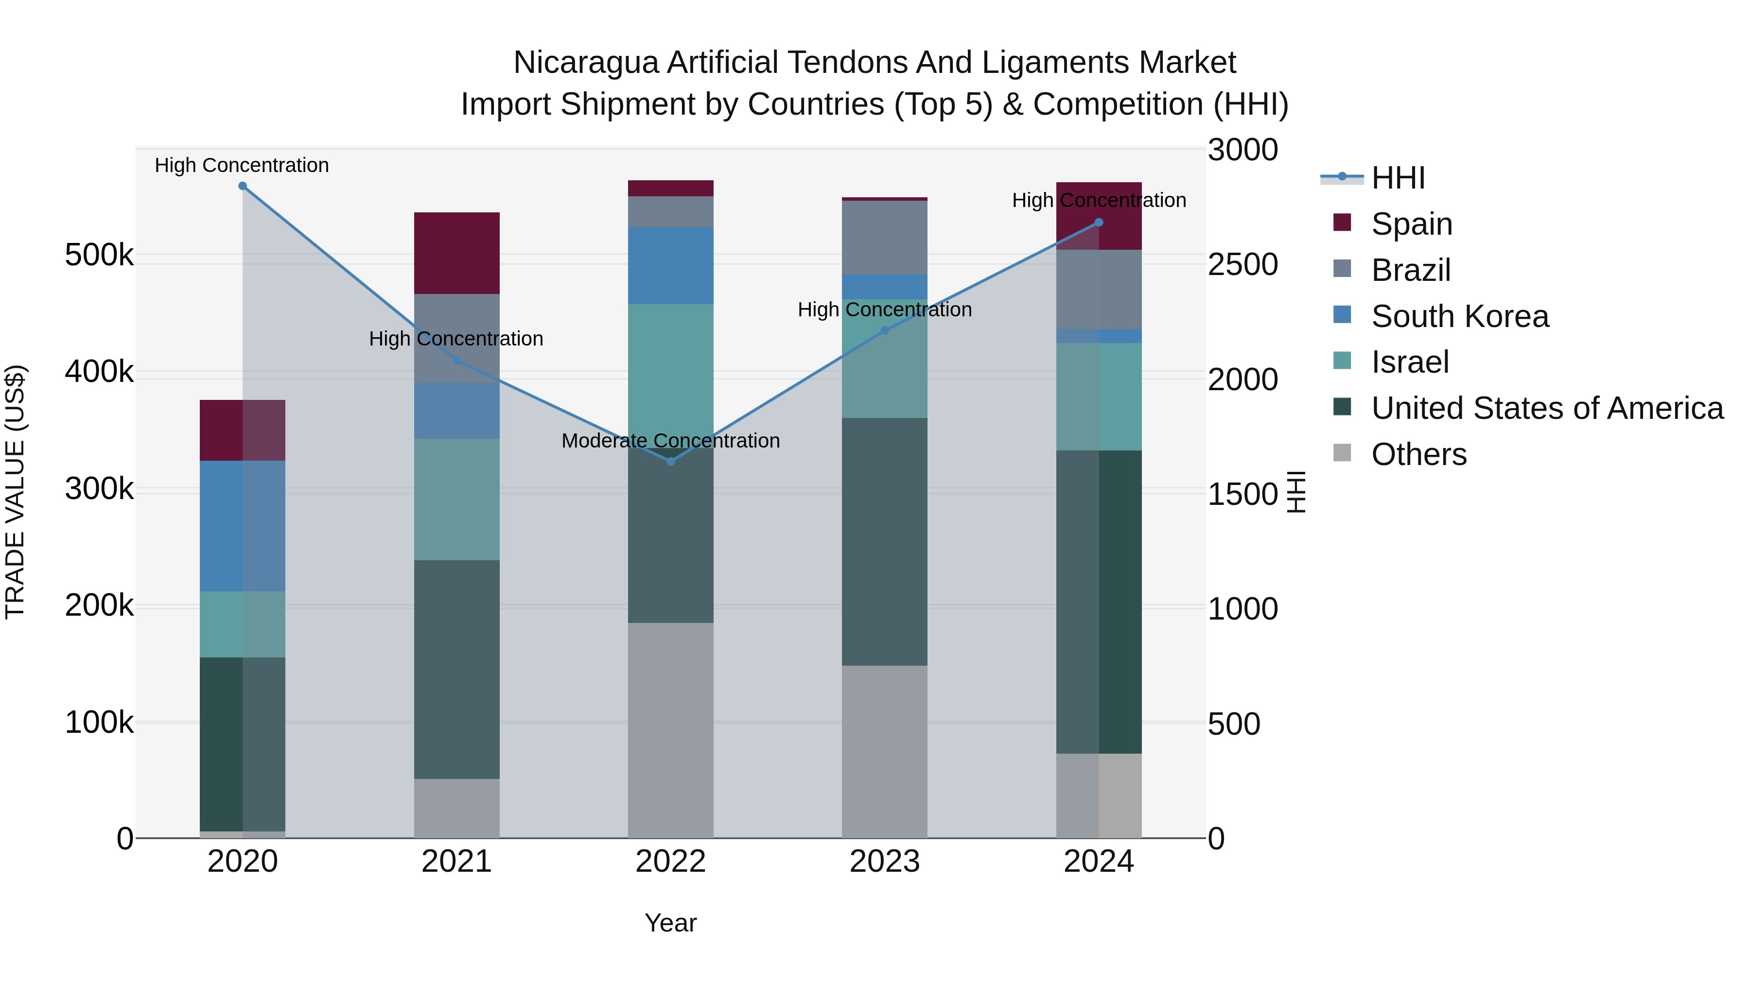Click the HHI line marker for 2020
[x=243, y=186]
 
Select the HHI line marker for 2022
[x=670, y=461]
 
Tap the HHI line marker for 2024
[x=1099, y=223]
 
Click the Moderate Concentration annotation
[x=670, y=441]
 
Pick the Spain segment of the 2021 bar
[x=456, y=253]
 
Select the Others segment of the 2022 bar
[x=670, y=730]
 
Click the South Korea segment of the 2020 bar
[x=243, y=526]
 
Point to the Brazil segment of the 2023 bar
[x=885, y=237]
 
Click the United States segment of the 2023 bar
[x=885, y=541]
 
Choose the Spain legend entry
[x=1411, y=224]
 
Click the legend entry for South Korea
[x=1459, y=316]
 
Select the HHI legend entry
[x=1398, y=178]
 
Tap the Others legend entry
[x=1418, y=454]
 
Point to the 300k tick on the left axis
[x=99, y=488]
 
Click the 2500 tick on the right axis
[x=1242, y=264]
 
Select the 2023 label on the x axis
[x=885, y=862]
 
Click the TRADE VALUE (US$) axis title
[x=15, y=492]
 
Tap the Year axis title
[x=670, y=923]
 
